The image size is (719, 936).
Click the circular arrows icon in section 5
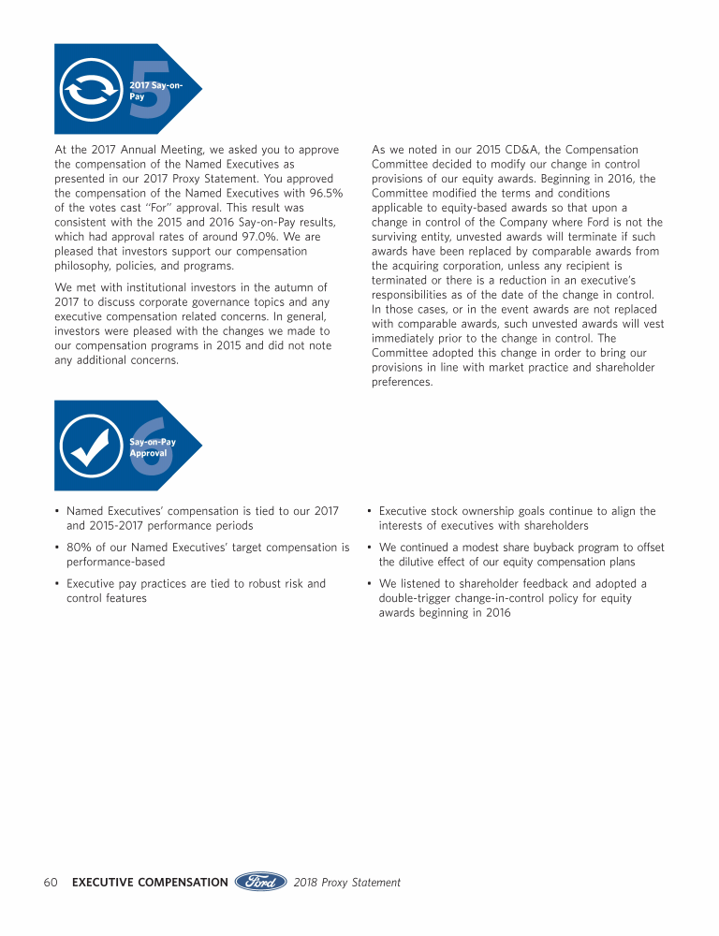[89, 90]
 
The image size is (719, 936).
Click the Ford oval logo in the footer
[260, 882]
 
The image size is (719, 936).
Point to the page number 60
[51, 882]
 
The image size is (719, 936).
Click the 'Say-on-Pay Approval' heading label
[153, 446]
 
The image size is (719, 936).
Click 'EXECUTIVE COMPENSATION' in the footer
[150, 882]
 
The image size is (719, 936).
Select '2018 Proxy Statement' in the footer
[346, 882]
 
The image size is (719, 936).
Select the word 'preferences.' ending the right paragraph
[402, 382]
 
